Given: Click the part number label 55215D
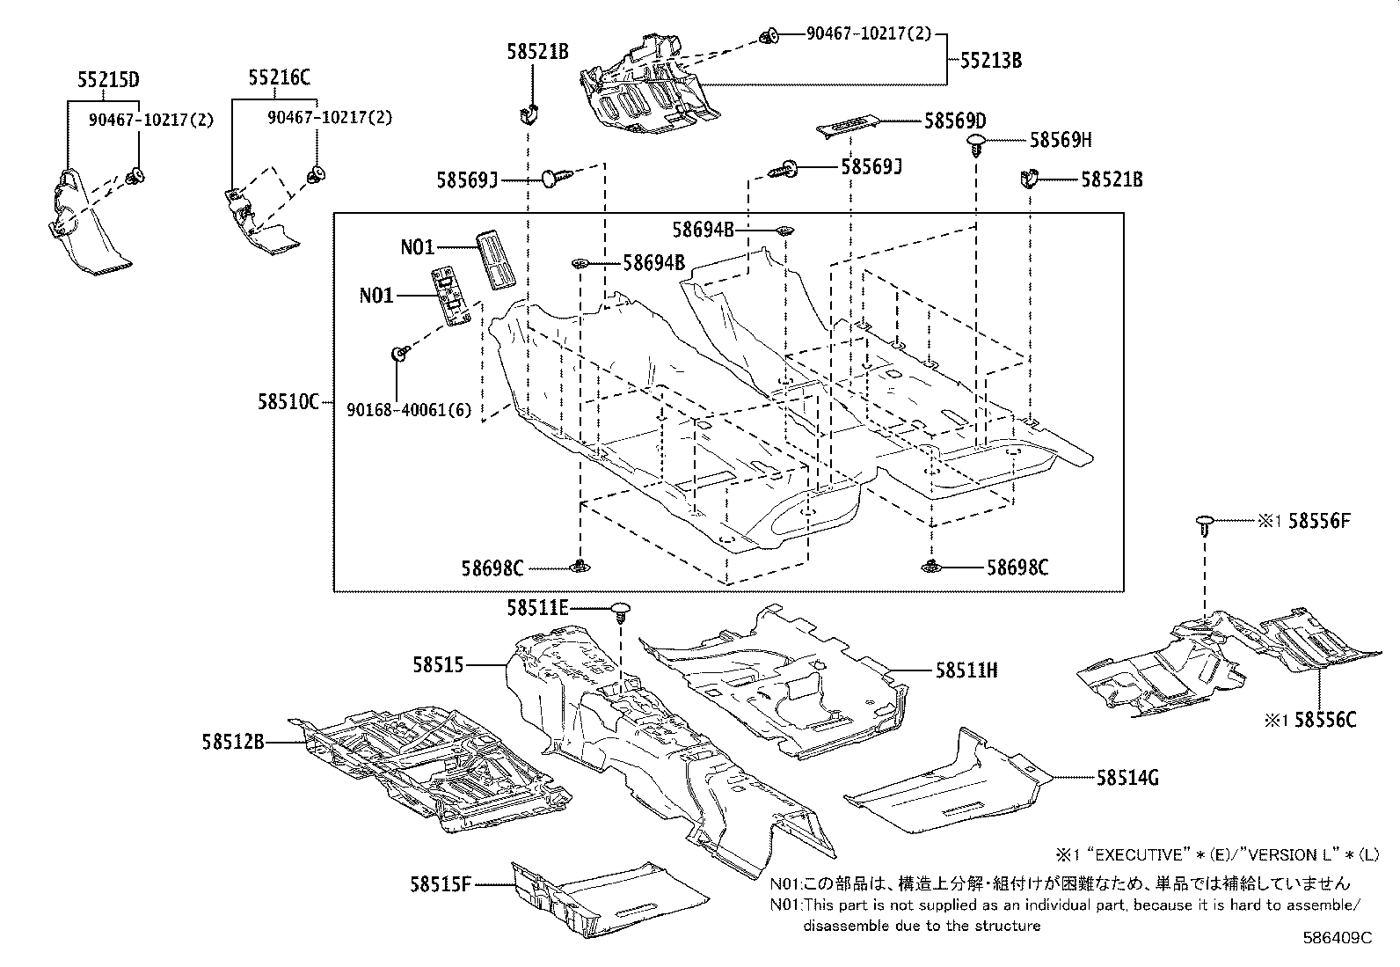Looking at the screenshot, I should [104, 79].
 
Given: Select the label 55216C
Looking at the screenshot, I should [279, 77].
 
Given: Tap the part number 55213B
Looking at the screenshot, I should [990, 61].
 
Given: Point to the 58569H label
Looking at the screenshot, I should [1061, 140].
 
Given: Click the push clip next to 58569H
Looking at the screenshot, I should [977, 143].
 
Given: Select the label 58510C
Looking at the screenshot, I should [288, 402].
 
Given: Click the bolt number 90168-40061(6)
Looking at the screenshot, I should [408, 410].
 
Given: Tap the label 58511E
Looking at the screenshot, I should [537, 607].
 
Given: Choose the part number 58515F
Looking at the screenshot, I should [441, 883].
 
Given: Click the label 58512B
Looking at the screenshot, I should [232, 743].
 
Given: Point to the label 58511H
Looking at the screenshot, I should [966, 670].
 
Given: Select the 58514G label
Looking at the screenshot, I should [1127, 778].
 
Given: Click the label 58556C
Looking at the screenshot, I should [1325, 721].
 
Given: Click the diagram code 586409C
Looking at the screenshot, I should [1337, 938].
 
